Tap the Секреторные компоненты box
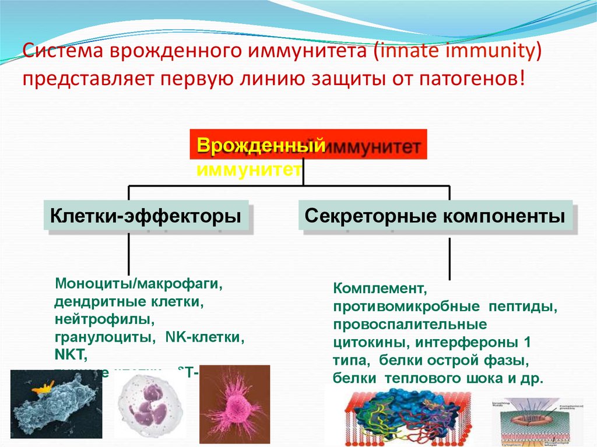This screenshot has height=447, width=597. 435,217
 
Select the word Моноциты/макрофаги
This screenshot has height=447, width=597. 139,285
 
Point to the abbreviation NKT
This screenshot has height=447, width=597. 70,354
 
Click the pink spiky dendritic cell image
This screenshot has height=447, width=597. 234,402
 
